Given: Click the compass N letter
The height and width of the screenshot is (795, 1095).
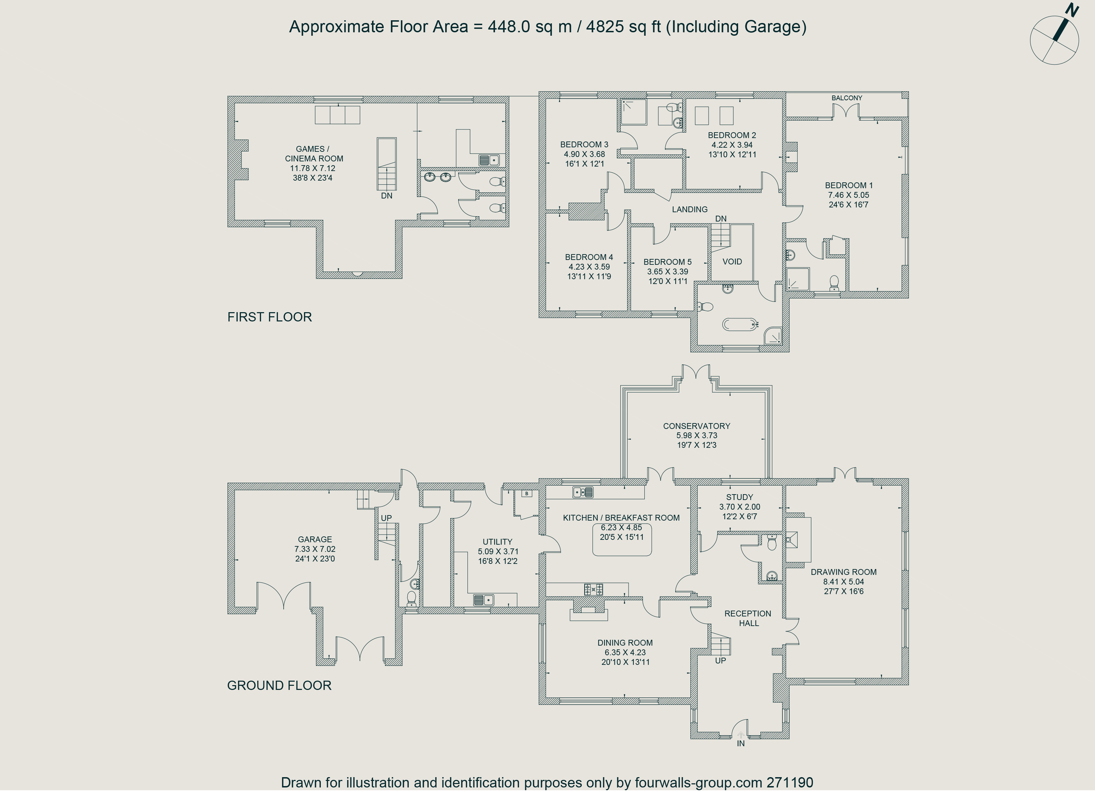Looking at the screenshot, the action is (x=1072, y=10).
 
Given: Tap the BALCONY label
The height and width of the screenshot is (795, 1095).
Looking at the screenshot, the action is (x=847, y=98).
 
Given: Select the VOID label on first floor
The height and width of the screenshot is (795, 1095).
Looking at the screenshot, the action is (x=732, y=262).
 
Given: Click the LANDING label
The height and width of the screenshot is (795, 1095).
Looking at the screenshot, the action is (x=689, y=209).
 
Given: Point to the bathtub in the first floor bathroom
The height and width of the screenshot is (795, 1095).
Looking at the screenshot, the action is (x=740, y=325).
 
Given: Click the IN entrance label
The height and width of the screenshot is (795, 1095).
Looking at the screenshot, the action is (x=741, y=744).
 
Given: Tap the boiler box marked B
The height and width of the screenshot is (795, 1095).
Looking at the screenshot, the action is (x=527, y=494).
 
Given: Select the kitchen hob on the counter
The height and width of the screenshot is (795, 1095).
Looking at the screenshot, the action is (x=594, y=589).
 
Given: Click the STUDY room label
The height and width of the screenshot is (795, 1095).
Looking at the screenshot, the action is (x=740, y=497).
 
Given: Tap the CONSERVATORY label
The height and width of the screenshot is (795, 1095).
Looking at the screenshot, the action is (x=696, y=426).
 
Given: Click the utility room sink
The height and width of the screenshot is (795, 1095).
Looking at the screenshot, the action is (x=483, y=600).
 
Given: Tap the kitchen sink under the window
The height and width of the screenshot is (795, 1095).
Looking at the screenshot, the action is (x=583, y=492).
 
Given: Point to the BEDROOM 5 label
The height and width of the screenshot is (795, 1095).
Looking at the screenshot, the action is (x=667, y=262).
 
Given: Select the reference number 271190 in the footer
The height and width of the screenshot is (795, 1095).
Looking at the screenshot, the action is (x=790, y=782).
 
